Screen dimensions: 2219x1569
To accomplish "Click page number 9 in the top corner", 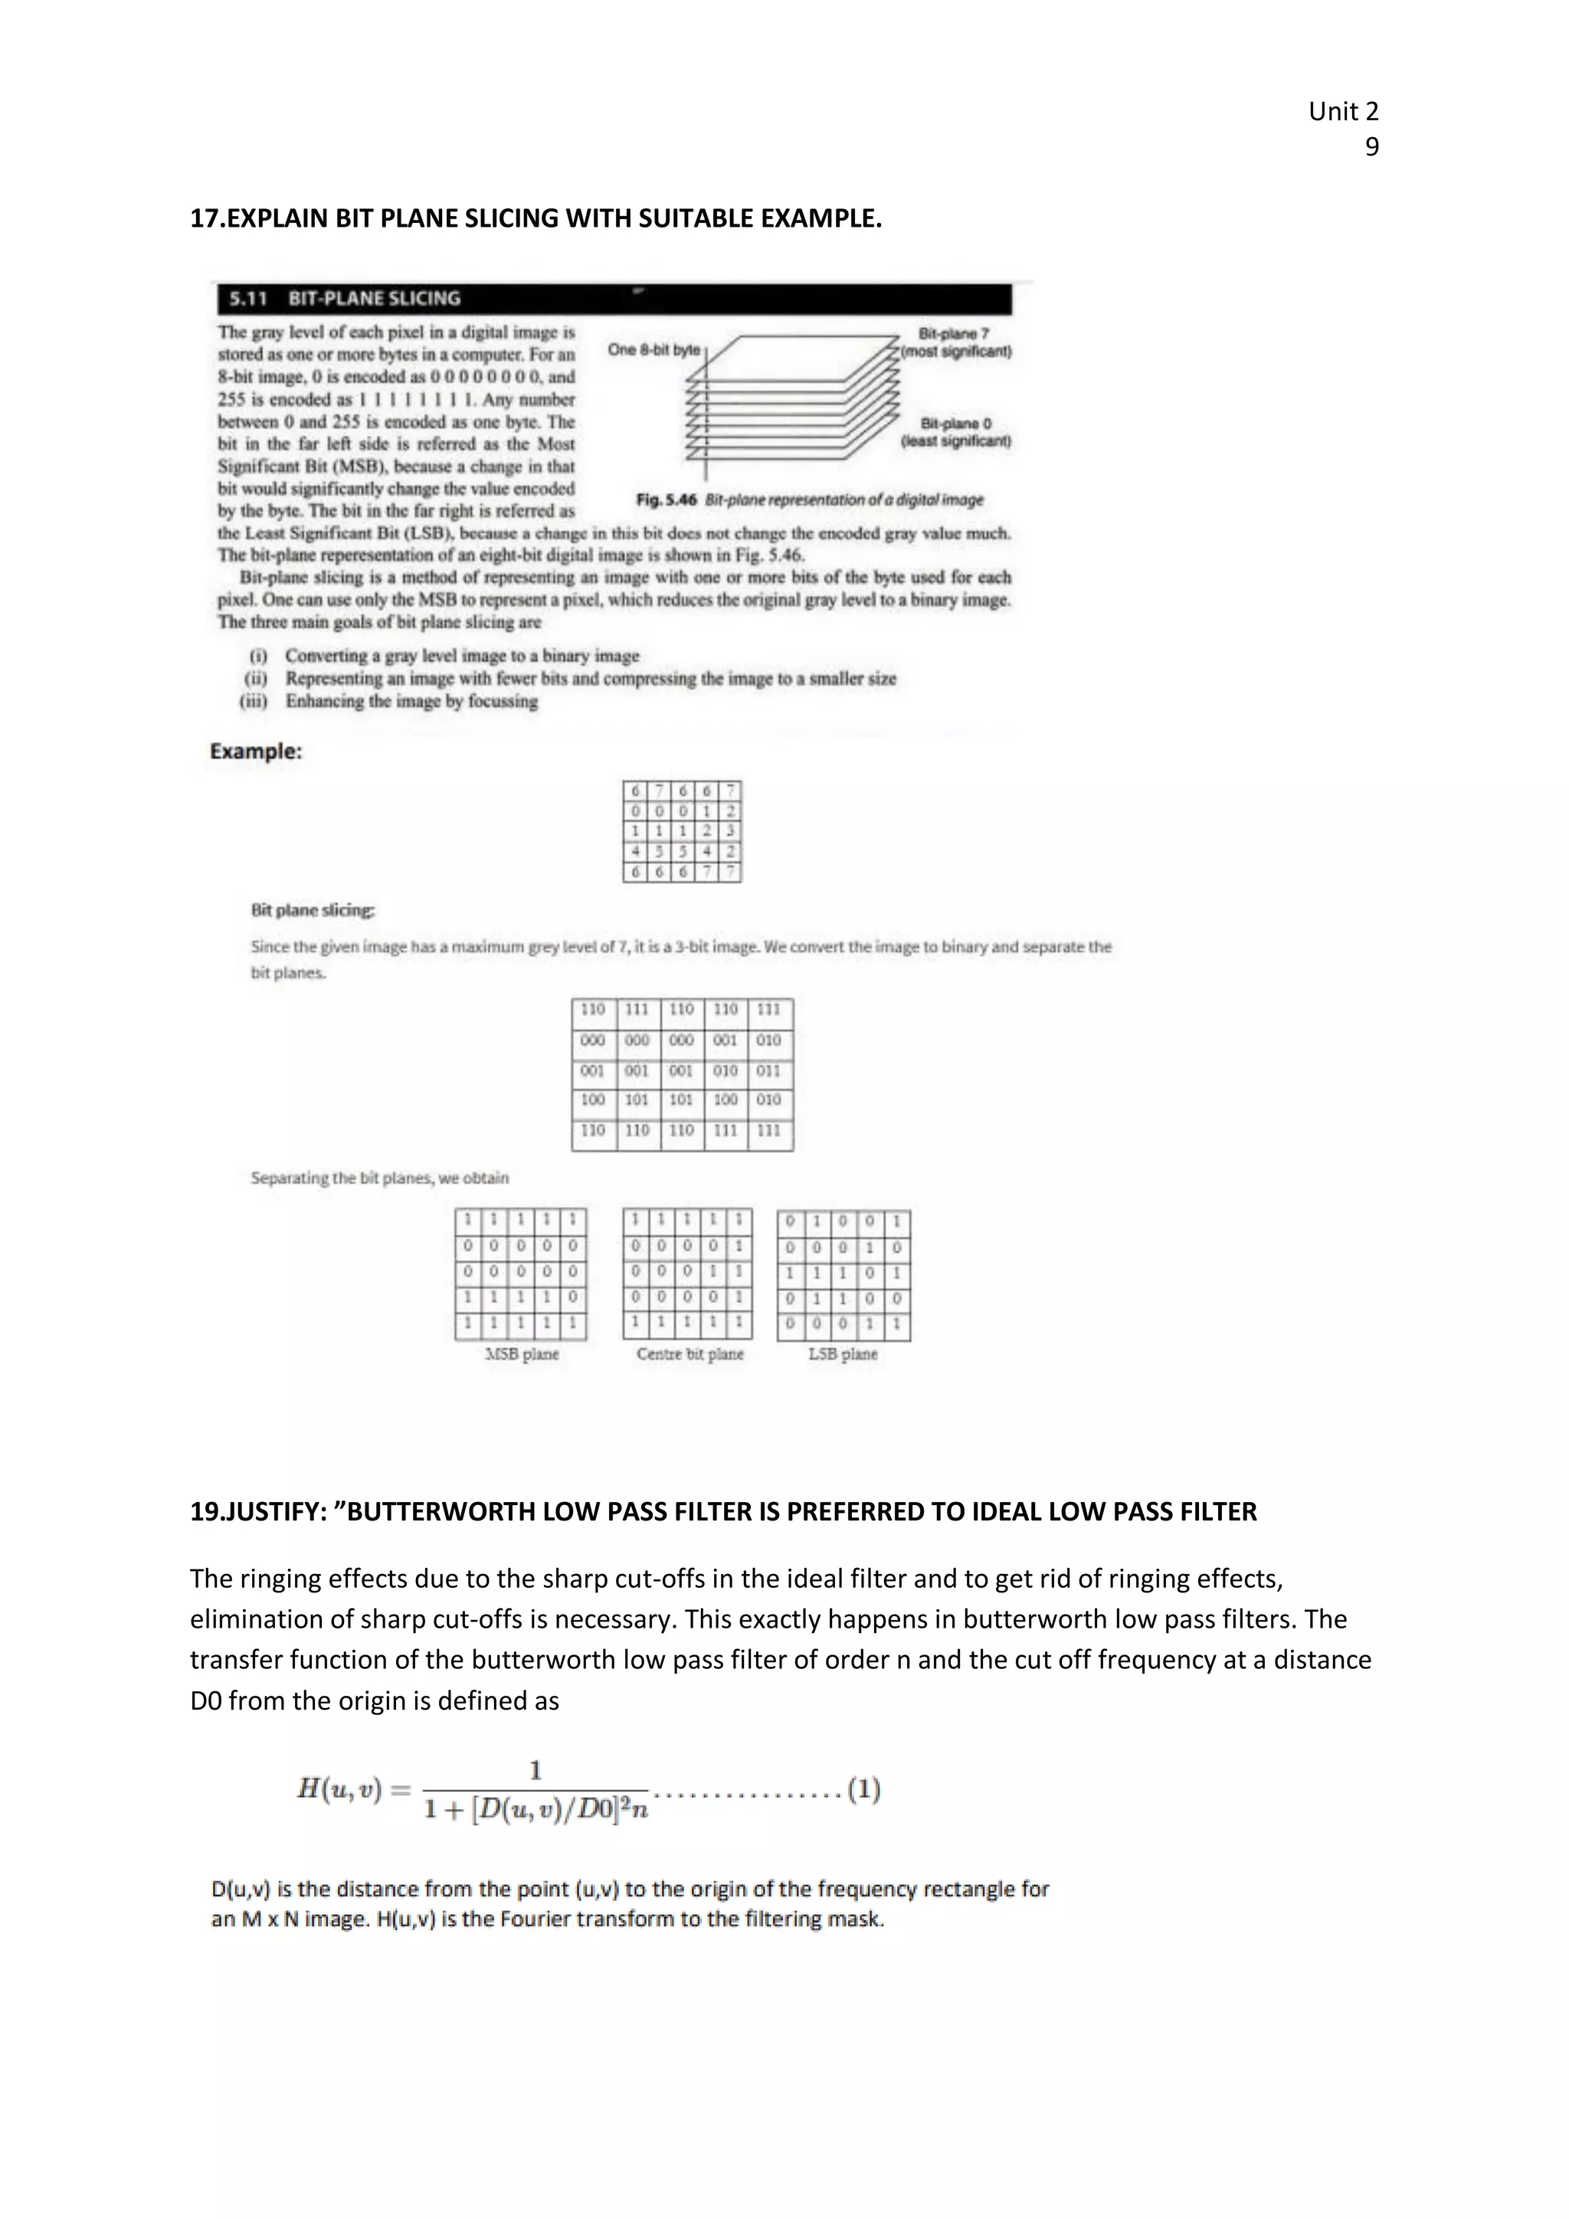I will [1371, 147].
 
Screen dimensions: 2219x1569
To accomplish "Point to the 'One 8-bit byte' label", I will [653, 350].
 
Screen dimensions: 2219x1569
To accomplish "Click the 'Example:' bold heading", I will [256, 751].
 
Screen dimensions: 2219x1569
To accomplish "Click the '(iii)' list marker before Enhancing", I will [254, 701].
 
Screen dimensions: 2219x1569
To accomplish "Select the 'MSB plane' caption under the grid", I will [521, 1354].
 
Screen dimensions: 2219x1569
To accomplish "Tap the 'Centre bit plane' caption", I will [690, 1354].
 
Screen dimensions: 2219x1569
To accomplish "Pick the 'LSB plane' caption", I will [843, 1354].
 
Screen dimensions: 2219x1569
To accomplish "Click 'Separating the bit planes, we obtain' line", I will [379, 1177].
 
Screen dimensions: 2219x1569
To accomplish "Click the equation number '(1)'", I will [863, 1789].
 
